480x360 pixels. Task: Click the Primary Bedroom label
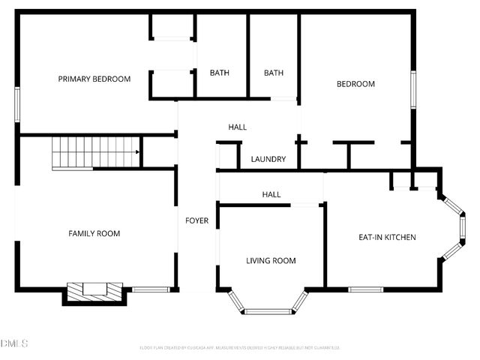click(x=94, y=79)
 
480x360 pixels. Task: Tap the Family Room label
click(x=94, y=234)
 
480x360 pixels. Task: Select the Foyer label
click(x=197, y=220)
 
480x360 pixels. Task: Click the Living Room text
click(x=271, y=261)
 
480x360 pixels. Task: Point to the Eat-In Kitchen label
click(x=387, y=238)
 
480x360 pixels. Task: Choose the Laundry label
click(x=268, y=160)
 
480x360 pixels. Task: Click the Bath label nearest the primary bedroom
click(x=220, y=73)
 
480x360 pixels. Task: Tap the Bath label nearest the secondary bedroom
click(x=274, y=73)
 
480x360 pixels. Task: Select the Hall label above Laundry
click(x=237, y=127)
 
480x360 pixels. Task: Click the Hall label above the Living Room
click(x=271, y=195)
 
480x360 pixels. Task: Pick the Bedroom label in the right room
click(x=355, y=84)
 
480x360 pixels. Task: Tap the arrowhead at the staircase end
click(x=137, y=152)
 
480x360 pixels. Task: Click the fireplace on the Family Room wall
click(x=94, y=291)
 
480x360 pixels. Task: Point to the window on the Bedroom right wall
click(x=412, y=88)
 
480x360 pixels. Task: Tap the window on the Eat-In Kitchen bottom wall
click(x=366, y=289)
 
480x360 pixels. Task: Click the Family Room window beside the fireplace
click(x=150, y=289)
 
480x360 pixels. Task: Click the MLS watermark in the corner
click(x=14, y=343)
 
